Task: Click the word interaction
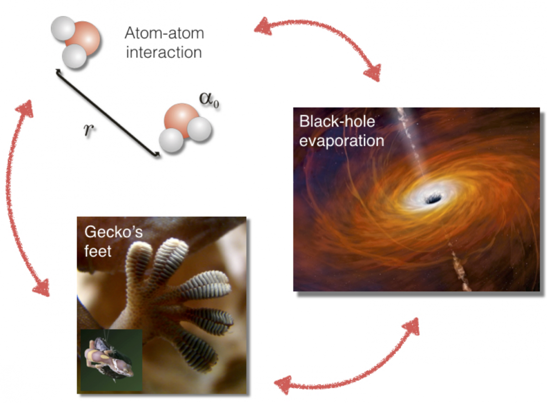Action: point(164,52)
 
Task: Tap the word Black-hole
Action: point(337,122)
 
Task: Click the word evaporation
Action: point(341,140)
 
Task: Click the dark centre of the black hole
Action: point(432,199)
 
